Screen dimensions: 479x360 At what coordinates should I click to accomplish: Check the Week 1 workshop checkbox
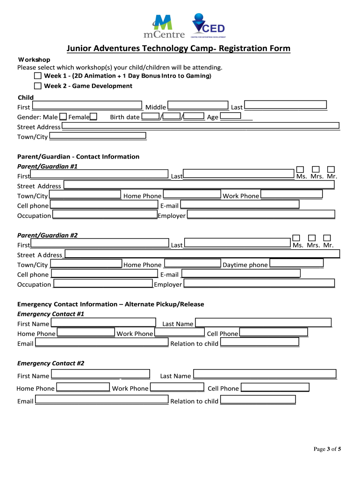click(x=38, y=76)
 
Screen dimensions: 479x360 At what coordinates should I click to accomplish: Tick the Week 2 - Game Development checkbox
click(x=38, y=86)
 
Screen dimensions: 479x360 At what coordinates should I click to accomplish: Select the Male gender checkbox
click(x=63, y=116)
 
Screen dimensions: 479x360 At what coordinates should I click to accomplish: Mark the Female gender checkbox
click(x=94, y=116)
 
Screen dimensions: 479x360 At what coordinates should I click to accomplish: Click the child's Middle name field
click(x=198, y=106)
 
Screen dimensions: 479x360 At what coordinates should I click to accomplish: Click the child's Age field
click(x=230, y=116)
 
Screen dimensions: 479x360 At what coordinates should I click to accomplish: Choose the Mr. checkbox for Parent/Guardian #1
click(x=331, y=169)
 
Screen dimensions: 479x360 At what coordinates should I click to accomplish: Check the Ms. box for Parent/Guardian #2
click(x=296, y=238)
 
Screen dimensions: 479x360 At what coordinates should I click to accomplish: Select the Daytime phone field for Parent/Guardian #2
click(x=296, y=263)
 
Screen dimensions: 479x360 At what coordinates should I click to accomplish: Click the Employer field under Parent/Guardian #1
click(x=261, y=215)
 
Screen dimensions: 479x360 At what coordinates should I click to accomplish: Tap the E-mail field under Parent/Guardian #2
click(x=241, y=274)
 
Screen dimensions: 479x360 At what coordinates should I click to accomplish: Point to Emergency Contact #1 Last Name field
click(x=263, y=323)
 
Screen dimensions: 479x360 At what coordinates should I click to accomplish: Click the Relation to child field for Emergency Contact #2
click(x=258, y=400)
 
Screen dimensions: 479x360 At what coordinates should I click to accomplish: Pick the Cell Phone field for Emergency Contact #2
click(x=275, y=387)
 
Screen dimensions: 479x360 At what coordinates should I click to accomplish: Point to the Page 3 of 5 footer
click(x=327, y=450)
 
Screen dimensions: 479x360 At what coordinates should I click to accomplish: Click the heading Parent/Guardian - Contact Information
click(x=78, y=157)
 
